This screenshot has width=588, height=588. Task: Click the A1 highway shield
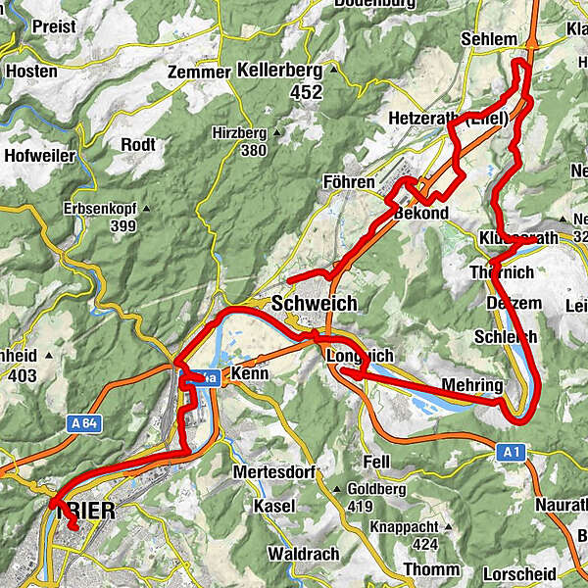[x=508, y=452]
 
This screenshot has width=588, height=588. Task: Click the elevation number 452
[x=278, y=93]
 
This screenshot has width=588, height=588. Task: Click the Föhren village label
[x=349, y=183]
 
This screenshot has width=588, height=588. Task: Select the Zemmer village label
[x=197, y=73]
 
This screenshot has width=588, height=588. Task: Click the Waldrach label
[x=304, y=551]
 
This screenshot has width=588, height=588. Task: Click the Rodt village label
[x=137, y=145]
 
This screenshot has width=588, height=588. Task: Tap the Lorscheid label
[x=520, y=573]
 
